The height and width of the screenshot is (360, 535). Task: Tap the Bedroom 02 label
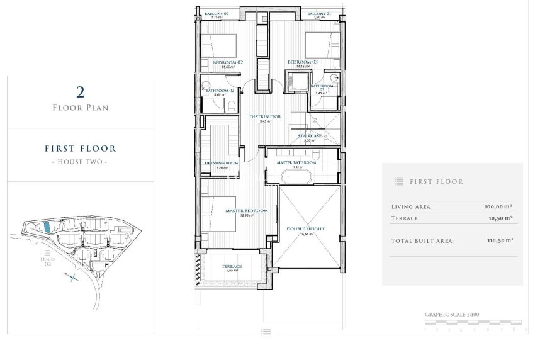point(228,62)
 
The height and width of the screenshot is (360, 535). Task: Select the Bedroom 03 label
point(303,62)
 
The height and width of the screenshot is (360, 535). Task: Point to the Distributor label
point(265,116)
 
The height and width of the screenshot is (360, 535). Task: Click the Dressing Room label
point(222,163)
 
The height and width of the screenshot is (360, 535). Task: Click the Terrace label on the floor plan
point(232,267)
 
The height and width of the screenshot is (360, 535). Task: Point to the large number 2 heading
point(80,93)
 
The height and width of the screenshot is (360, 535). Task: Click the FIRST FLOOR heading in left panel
point(80,149)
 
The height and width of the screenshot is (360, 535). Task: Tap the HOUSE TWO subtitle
point(80,162)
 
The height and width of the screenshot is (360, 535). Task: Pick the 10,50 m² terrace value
point(500,218)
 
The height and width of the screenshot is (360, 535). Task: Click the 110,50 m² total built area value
point(498,240)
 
